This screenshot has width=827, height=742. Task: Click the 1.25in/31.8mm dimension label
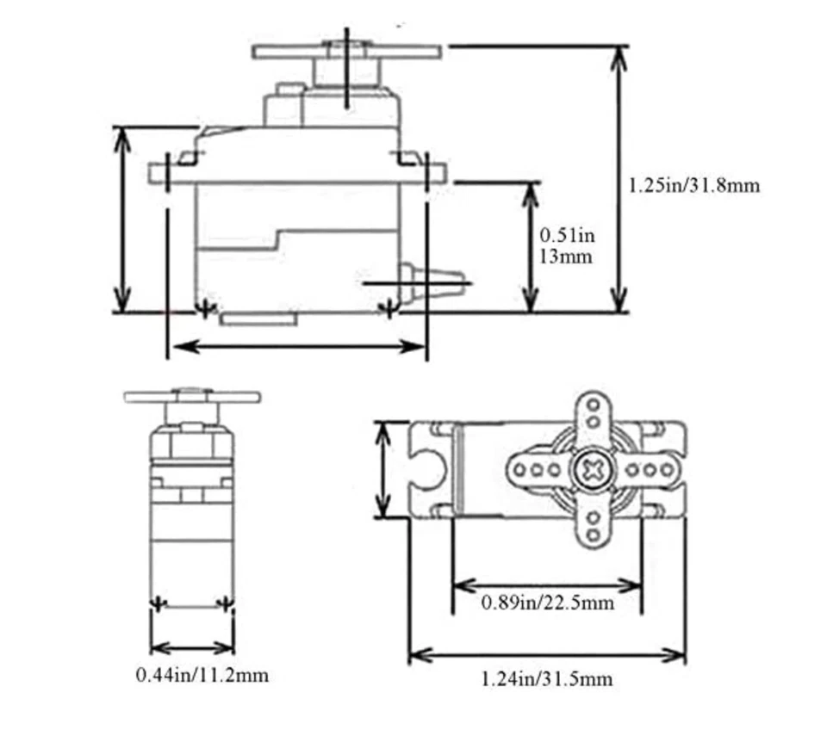(x=693, y=185)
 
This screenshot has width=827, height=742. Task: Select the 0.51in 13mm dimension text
(x=567, y=245)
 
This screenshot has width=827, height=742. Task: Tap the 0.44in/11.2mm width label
(x=202, y=675)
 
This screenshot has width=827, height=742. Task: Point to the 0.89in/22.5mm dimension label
(x=548, y=603)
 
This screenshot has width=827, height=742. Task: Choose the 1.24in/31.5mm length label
(x=547, y=679)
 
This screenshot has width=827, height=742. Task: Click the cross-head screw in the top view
(x=593, y=470)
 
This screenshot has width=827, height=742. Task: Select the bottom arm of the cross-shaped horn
(x=594, y=525)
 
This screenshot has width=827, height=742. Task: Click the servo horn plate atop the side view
(x=347, y=51)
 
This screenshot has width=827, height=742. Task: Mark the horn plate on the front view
(x=192, y=397)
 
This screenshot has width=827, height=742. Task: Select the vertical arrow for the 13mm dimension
(x=529, y=247)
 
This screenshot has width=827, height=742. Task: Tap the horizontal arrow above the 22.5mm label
(x=547, y=586)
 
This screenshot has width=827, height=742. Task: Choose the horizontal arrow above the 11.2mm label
(x=192, y=646)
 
